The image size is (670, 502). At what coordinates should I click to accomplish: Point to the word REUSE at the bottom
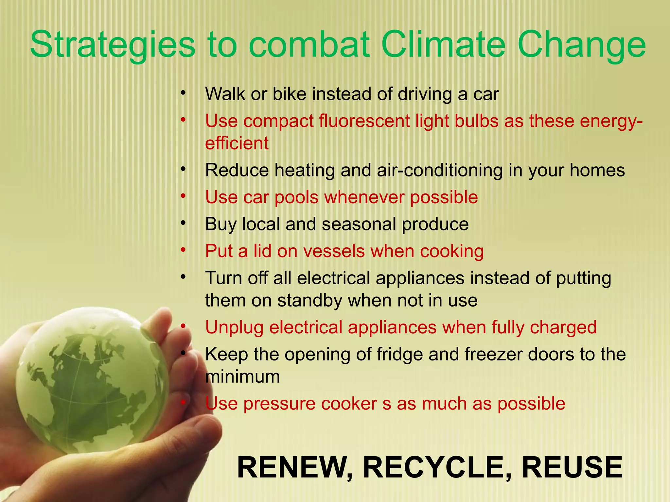pos(572,468)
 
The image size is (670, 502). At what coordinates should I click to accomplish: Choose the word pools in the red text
pos(296,197)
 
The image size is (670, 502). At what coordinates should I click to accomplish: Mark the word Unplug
pos(234,328)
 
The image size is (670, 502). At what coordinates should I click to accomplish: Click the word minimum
pos(242,376)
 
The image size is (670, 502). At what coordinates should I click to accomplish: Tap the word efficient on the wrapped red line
pos(237,143)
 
